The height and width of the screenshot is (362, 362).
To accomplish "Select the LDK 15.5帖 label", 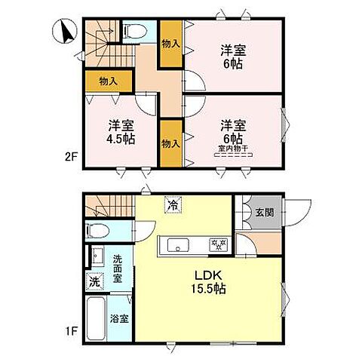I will (209, 281).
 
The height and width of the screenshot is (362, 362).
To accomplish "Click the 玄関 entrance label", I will (264, 211).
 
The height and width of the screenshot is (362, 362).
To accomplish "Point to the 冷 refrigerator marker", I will (173, 204).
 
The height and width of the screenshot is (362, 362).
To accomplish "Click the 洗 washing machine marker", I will (94, 281).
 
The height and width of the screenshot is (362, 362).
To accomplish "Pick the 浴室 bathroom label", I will (118, 319).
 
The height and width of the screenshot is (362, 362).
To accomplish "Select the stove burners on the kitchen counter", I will (216, 244).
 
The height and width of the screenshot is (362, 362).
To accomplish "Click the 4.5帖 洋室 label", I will (119, 131).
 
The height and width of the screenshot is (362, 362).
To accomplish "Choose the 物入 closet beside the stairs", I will (108, 81).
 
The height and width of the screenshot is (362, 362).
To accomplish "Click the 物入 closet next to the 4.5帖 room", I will (170, 143).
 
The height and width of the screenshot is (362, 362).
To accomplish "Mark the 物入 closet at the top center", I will (170, 44).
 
